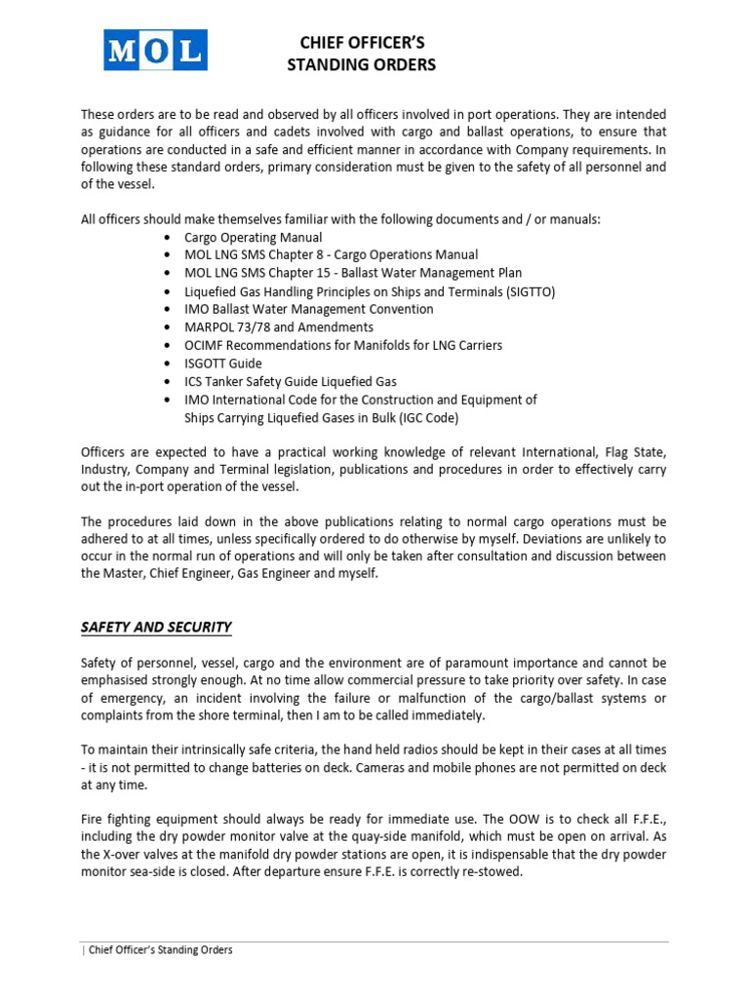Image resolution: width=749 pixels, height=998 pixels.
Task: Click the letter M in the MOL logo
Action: (x=124, y=51)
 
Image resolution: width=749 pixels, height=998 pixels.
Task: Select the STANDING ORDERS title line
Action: (x=362, y=65)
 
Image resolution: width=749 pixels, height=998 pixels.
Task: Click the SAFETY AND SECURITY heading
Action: (x=156, y=627)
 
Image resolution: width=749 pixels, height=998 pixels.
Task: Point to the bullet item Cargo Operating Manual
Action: (x=253, y=238)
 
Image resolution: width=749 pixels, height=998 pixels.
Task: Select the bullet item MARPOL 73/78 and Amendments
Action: (x=279, y=327)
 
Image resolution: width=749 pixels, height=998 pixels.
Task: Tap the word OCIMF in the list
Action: (x=205, y=345)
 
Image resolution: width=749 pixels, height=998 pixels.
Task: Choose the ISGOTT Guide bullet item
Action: (x=223, y=364)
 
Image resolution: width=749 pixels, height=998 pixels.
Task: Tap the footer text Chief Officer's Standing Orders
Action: (x=160, y=950)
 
